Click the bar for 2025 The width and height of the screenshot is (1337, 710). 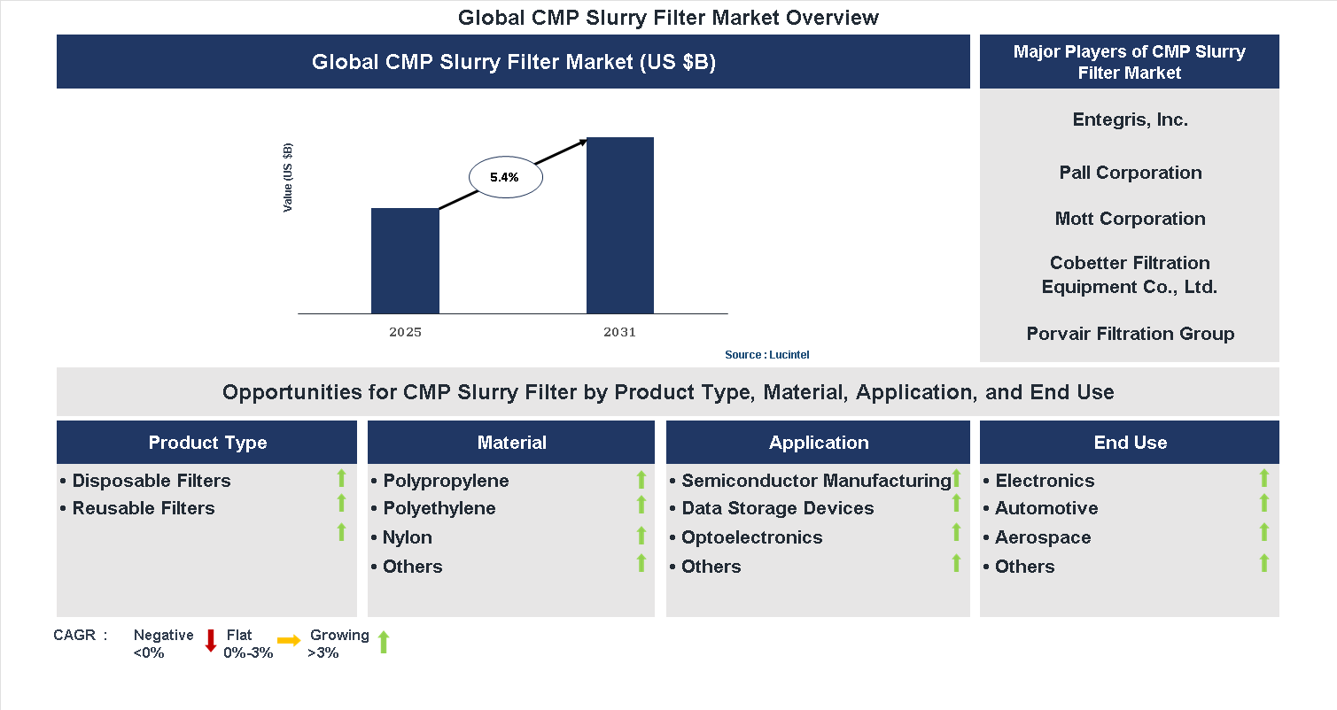click(x=405, y=261)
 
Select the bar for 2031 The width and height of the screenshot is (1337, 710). click(x=620, y=226)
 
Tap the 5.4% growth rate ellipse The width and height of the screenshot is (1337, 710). click(x=505, y=177)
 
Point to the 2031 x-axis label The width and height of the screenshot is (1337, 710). click(x=620, y=333)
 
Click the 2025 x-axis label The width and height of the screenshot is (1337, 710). click(x=405, y=333)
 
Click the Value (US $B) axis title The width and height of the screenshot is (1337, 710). click(x=288, y=177)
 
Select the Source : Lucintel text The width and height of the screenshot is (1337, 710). click(x=767, y=355)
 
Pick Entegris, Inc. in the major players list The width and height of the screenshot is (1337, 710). click(x=1130, y=120)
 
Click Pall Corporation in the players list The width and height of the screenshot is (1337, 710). click(x=1130, y=173)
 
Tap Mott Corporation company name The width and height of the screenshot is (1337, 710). click(x=1130, y=219)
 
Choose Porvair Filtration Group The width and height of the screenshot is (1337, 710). click(x=1130, y=334)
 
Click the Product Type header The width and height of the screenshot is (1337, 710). click(x=207, y=443)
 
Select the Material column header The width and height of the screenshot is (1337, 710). click(x=511, y=443)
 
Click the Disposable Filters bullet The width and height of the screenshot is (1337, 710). click(x=151, y=481)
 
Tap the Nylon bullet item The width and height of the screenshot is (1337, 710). click(x=407, y=537)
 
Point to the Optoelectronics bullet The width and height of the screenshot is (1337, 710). click(x=751, y=537)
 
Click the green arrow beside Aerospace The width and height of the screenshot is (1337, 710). click(x=1264, y=532)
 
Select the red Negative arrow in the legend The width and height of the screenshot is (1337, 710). click(x=211, y=641)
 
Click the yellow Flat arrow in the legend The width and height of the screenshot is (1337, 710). click(x=289, y=640)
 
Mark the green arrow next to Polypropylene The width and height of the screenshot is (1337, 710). click(x=641, y=480)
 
